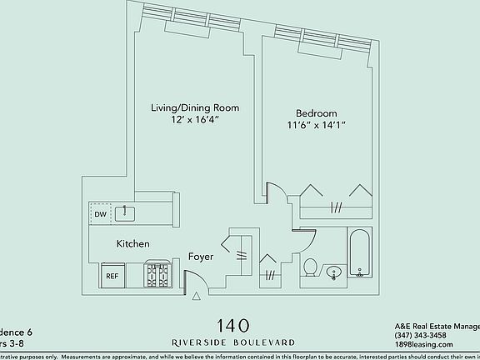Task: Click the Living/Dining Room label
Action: (x=195, y=107)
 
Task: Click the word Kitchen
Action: (x=132, y=244)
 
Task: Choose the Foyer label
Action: (x=202, y=257)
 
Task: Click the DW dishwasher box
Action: (x=101, y=214)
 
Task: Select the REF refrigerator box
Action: (x=112, y=275)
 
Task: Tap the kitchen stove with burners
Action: (x=157, y=274)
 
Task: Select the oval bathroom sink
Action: (x=333, y=271)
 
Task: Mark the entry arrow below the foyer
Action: (x=197, y=295)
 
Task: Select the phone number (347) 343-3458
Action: (x=422, y=335)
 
